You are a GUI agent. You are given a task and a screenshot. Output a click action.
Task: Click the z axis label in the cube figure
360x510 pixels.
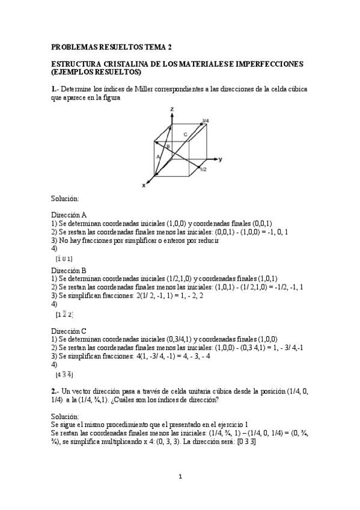[x=172, y=109]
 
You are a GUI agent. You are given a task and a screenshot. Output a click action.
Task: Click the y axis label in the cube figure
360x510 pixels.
[x=221, y=159]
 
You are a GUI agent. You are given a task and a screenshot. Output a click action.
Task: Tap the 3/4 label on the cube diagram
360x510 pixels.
[x=206, y=121]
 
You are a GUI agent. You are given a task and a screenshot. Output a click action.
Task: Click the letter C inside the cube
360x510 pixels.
[x=185, y=134]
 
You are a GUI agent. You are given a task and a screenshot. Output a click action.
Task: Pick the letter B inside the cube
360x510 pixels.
[x=169, y=147]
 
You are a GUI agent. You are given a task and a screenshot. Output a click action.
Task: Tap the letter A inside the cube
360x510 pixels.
[x=158, y=156]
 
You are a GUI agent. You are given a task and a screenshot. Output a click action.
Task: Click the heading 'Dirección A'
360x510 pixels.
[x=69, y=214]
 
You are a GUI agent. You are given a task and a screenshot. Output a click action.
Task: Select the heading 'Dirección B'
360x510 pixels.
[x=69, y=271]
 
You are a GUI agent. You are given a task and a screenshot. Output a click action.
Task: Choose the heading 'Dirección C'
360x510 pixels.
[x=69, y=330]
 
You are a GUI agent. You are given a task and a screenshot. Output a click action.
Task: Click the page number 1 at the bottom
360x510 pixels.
[x=180, y=477]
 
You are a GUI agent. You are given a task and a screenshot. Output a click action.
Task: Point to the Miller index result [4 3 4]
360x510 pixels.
[x=64, y=374]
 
